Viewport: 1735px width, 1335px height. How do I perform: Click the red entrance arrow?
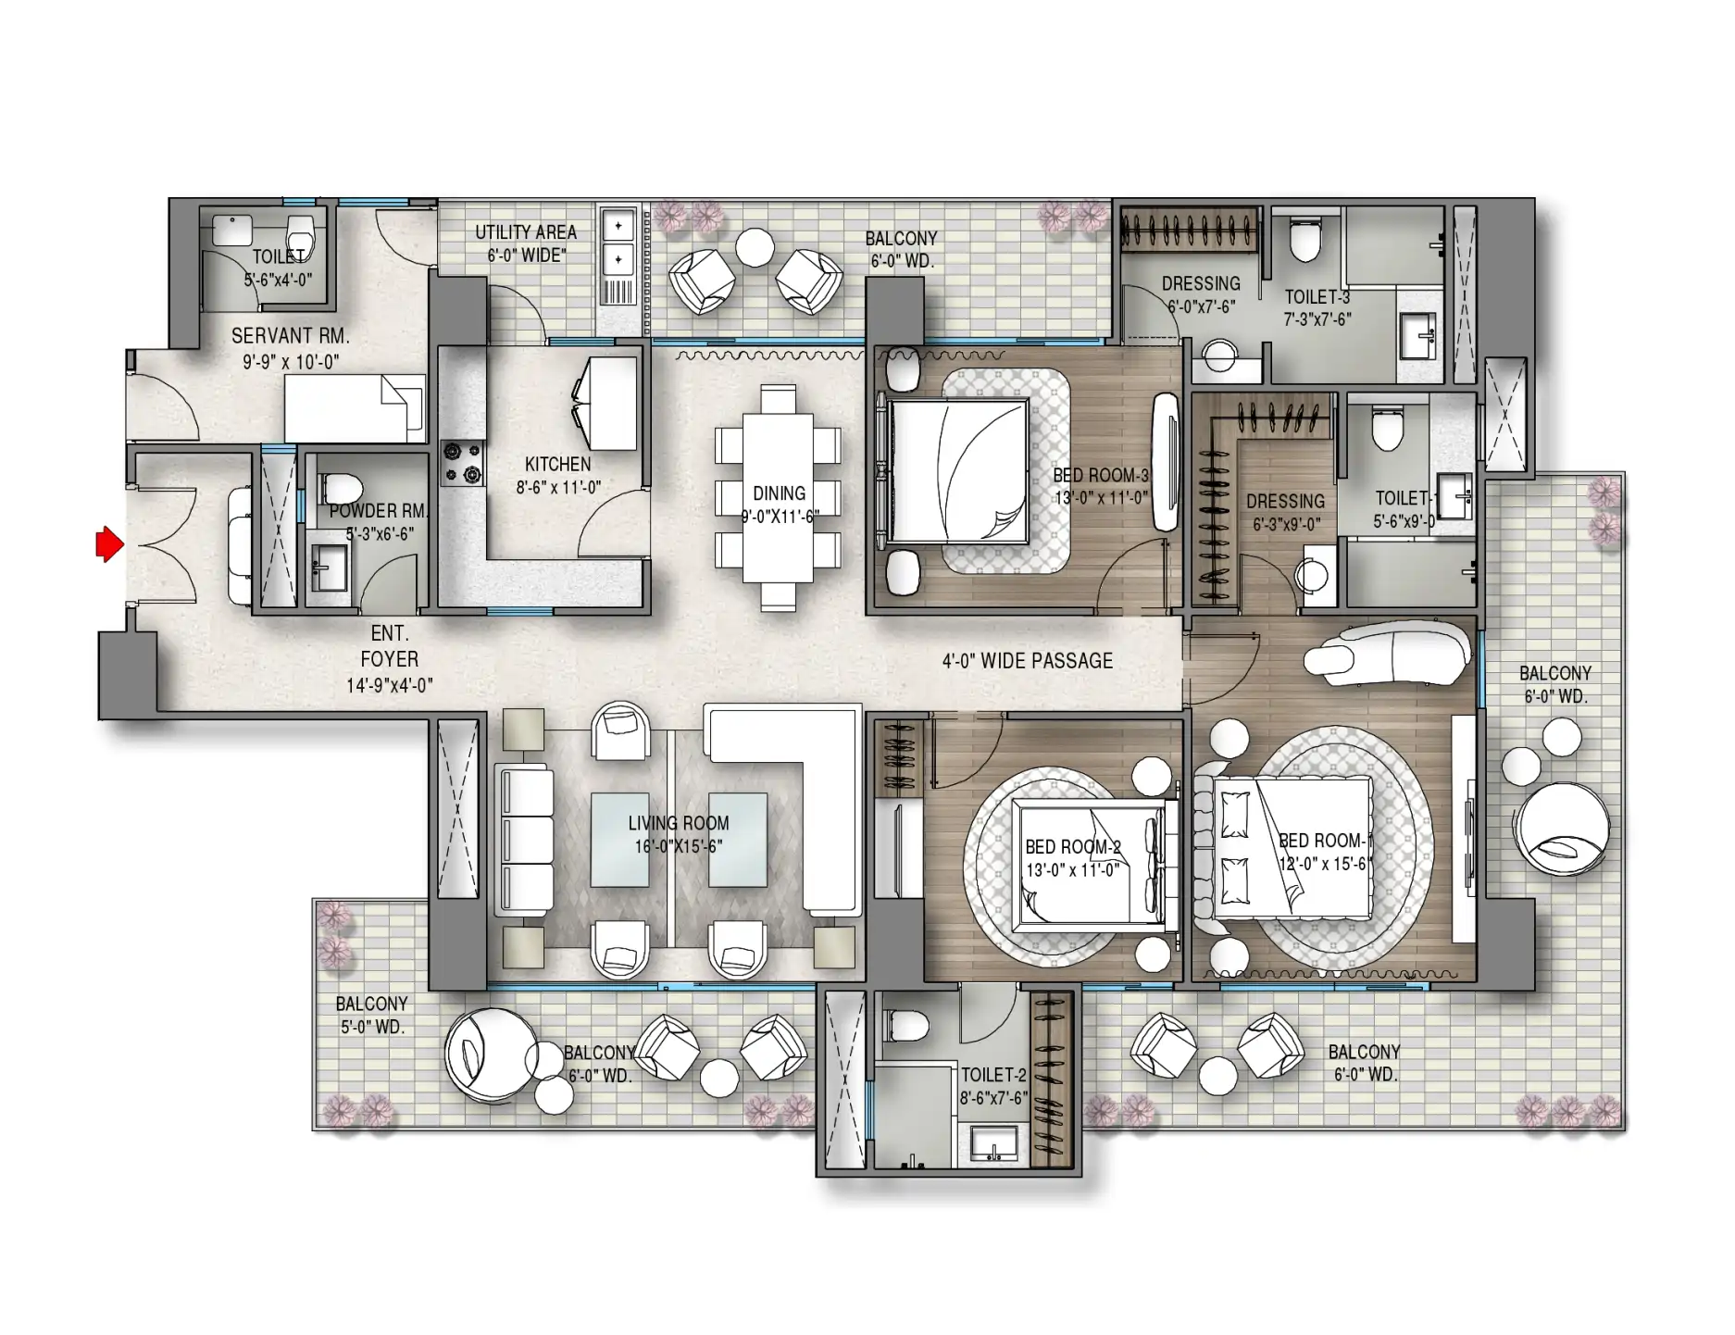tap(109, 544)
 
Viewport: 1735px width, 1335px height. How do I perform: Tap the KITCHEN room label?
tap(557, 464)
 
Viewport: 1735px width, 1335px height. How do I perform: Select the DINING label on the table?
tap(779, 493)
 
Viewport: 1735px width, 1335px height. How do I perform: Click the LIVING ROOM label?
tap(679, 823)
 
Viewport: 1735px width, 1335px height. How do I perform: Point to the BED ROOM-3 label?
tap(1101, 475)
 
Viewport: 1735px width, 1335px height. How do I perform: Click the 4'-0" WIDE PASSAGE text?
tap(1028, 661)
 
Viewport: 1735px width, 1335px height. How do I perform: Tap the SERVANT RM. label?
tap(291, 336)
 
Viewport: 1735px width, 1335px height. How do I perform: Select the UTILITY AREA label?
tap(526, 232)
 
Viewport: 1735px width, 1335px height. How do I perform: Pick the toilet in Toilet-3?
tap(1304, 240)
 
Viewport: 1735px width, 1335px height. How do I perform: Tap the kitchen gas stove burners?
tap(462, 463)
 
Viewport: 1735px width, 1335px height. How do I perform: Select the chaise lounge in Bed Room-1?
tap(1386, 652)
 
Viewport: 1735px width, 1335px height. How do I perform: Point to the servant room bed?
tap(355, 408)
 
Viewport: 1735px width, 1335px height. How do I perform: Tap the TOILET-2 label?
tap(993, 1075)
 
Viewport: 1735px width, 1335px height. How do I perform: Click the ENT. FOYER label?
tap(390, 646)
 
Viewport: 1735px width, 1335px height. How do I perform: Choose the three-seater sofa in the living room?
tap(524, 840)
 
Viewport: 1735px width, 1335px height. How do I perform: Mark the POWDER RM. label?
tap(379, 511)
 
